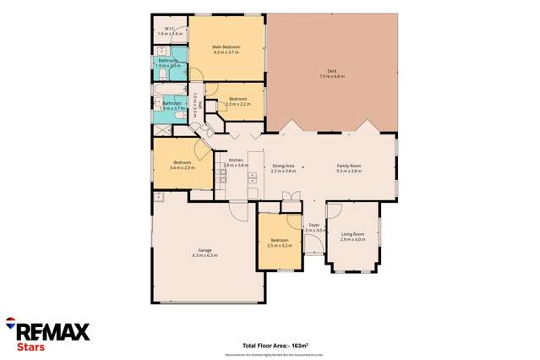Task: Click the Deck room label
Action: coord(331,71)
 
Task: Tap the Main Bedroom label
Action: coord(226,46)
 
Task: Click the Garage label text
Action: coord(205,249)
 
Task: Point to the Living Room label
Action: coord(352,234)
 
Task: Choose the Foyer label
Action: coord(314,225)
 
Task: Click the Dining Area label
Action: coord(283,166)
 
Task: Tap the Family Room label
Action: coord(349,166)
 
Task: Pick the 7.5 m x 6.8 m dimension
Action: coord(331,77)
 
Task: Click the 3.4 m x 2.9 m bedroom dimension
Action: coord(183,168)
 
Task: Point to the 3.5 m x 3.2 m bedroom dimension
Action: coord(279,246)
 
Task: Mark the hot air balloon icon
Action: coord(9,322)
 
